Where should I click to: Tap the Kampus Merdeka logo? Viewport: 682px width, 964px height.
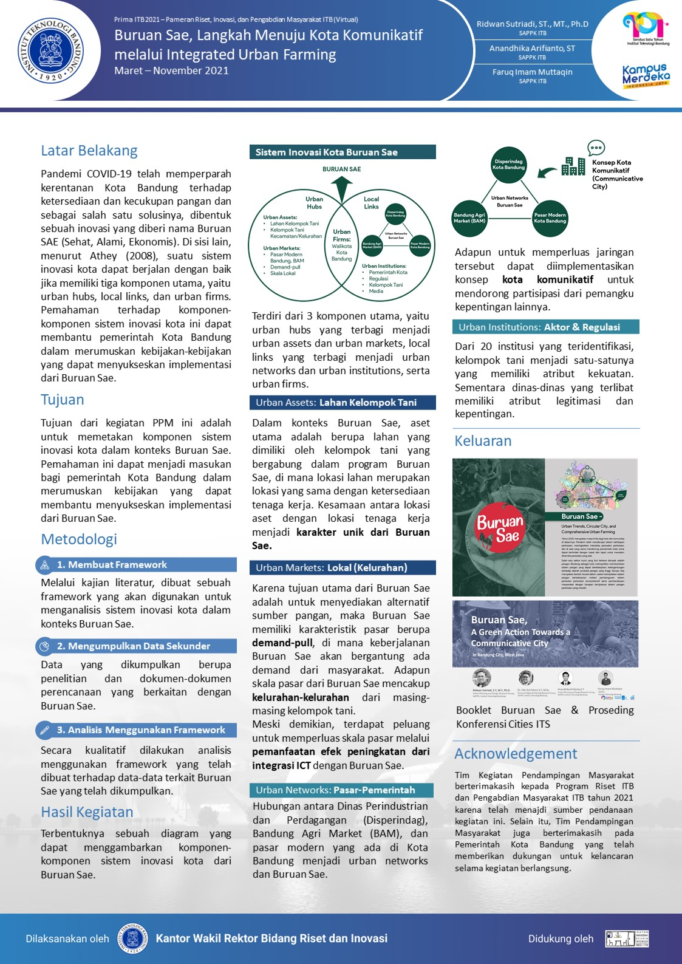pyautogui.click(x=646, y=75)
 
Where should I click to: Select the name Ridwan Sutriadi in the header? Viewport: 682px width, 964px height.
pyautogui.click(x=532, y=24)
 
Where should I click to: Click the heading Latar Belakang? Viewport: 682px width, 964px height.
pyautogui.click(x=89, y=151)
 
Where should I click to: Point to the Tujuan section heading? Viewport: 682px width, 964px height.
pyautogui.click(x=63, y=400)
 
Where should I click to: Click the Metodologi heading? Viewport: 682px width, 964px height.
pyautogui.click(x=79, y=539)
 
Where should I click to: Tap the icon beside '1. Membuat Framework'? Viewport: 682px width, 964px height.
pyautogui.click(x=45, y=566)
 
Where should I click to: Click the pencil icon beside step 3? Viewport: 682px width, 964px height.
pyautogui.click(x=45, y=730)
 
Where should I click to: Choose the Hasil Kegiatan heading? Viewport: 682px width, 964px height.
pyautogui.click(x=87, y=812)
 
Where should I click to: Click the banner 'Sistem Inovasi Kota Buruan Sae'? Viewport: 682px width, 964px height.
pyautogui.click(x=343, y=152)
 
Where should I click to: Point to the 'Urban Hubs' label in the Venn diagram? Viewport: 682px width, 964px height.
pyautogui.click(x=314, y=203)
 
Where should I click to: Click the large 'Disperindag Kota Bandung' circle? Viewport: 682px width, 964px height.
pyautogui.click(x=508, y=165)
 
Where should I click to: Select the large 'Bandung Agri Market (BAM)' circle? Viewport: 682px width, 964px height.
pyautogui.click(x=469, y=218)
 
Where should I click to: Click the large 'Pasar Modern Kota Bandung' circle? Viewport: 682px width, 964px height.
pyautogui.click(x=550, y=218)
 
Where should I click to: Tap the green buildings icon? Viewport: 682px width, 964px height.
pyautogui.click(x=573, y=166)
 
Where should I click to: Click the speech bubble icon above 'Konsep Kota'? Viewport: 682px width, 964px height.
pyautogui.click(x=596, y=148)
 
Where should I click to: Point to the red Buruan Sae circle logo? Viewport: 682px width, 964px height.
pyautogui.click(x=500, y=527)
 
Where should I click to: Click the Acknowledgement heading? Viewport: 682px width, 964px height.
pyautogui.click(x=516, y=754)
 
